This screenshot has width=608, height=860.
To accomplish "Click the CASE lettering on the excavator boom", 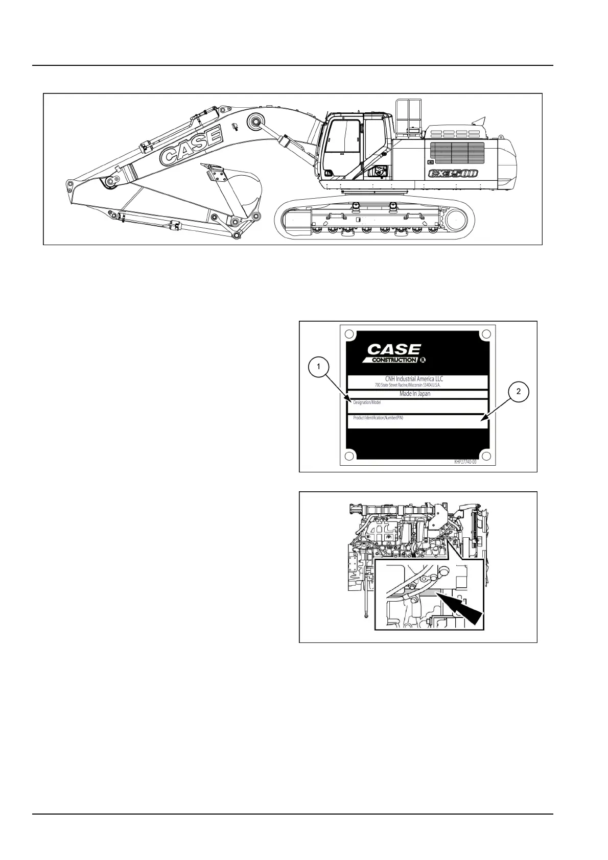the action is [x=191, y=146].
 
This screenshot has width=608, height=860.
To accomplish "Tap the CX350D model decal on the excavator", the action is [x=453, y=174].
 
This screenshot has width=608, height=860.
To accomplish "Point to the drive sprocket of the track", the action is [x=456, y=222].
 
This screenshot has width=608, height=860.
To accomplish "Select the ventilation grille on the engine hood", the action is [x=457, y=153].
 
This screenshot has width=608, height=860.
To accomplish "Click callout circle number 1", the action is [x=319, y=367].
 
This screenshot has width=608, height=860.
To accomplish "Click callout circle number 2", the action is [x=519, y=392].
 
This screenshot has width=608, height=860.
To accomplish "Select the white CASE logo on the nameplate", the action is [x=394, y=350].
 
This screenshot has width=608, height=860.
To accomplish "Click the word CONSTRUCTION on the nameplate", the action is [x=394, y=360].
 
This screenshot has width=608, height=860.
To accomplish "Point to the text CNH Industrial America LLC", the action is [x=414, y=379].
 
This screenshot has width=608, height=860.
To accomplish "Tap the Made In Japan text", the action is [x=415, y=394].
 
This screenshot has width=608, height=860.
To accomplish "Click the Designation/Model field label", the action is [x=367, y=403].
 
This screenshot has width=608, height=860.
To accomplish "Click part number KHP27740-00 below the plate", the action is [x=465, y=461].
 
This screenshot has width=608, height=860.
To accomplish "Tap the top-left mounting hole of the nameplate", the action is [x=349, y=335].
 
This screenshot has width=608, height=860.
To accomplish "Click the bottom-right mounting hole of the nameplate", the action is [x=486, y=456].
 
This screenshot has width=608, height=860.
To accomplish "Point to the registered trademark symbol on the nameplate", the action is [x=423, y=360].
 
